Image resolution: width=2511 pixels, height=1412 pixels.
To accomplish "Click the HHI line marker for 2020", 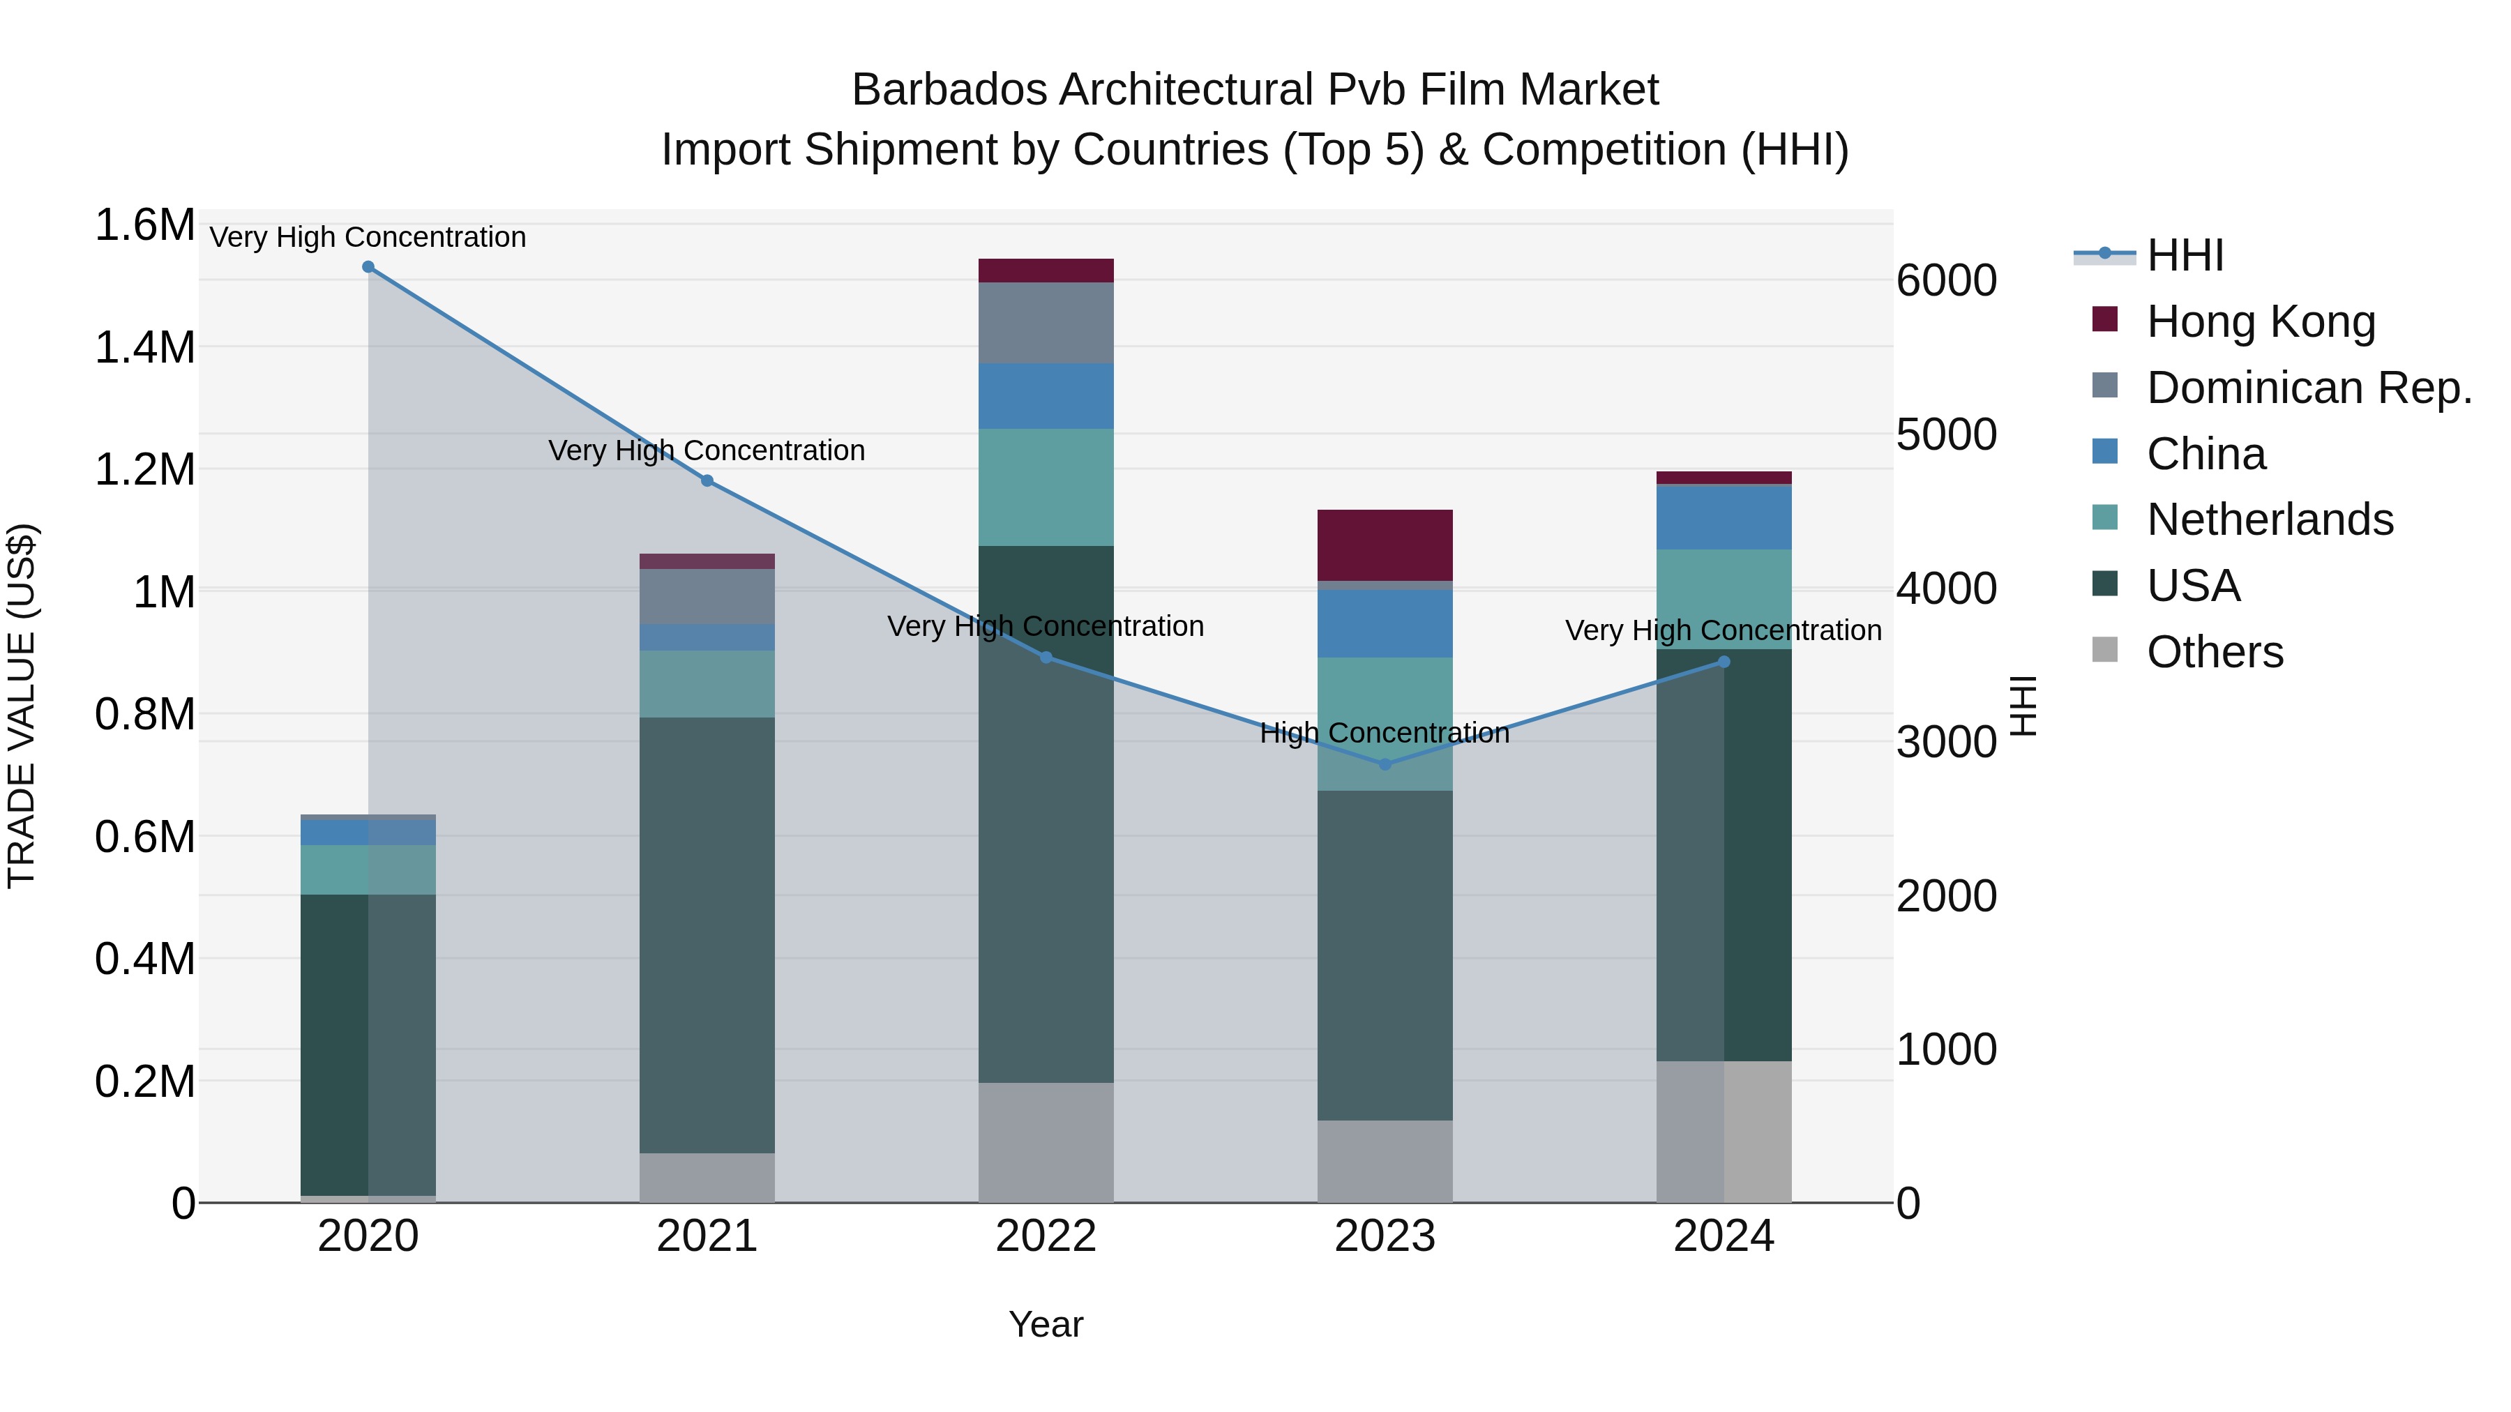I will (368, 267).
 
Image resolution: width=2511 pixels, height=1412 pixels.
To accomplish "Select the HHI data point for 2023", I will (1385, 764).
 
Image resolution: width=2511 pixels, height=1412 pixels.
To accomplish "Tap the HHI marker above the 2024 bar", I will (1724, 662).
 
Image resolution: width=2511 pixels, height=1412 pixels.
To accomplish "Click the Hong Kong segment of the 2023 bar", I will (1385, 545).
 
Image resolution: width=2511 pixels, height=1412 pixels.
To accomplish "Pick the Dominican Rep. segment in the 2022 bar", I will (1046, 323).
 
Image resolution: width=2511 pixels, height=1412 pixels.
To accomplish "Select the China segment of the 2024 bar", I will (1724, 517).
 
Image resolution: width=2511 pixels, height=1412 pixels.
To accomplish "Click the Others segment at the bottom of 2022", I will (1046, 1142).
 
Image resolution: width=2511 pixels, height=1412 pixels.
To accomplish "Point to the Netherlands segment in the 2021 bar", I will (707, 684).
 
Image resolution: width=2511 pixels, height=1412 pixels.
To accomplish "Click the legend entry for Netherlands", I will (2269, 519).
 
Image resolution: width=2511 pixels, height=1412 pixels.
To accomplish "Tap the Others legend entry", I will (2214, 652).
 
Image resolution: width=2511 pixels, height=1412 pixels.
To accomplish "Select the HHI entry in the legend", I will (2185, 255).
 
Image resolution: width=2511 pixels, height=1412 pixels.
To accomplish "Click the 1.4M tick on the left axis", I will (144, 348).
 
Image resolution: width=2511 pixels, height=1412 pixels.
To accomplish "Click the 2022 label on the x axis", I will (1046, 1236).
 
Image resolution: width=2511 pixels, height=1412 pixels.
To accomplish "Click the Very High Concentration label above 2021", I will (707, 450).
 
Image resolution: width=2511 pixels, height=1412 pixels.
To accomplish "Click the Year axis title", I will (1046, 1324).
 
